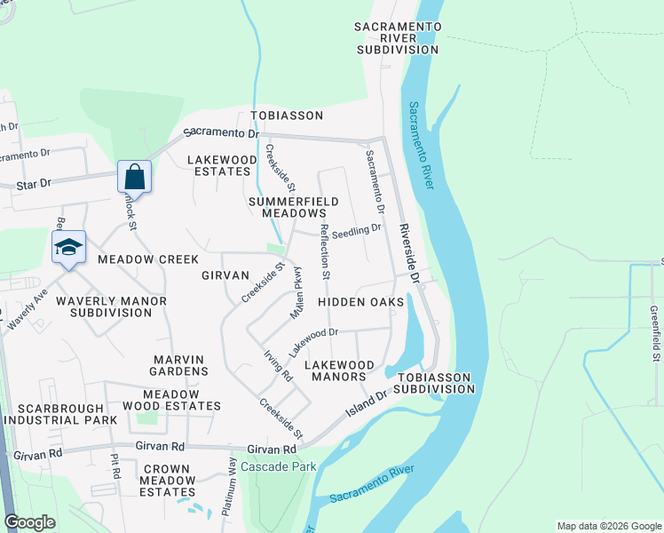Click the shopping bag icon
coord(133,176)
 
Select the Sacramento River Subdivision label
coord(398,39)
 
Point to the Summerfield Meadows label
coord(293,208)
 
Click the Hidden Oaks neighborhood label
coord(360,302)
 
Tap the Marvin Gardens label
coord(180,365)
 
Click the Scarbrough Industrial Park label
coord(59,413)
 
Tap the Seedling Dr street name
coord(358,228)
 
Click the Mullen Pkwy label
coord(299,293)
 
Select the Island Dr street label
coord(368,405)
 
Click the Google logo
coord(29,522)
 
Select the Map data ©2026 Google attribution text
coord(607,526)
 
